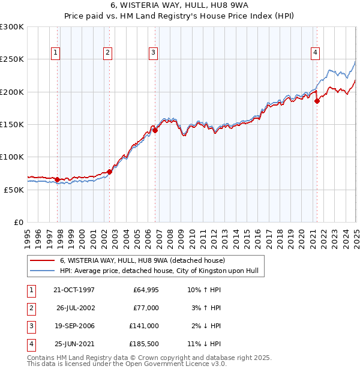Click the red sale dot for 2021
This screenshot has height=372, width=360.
coord(317,101)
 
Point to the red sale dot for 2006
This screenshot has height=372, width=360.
coord(155,130)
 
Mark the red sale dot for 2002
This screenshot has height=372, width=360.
coord(110,172)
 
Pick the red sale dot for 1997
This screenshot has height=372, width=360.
coord(58,179)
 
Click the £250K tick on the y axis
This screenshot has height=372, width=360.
coord(12,59)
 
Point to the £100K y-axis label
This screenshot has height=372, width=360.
coord(12,157)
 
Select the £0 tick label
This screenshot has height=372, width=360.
coord(18,221)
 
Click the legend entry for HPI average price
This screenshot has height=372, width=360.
coord(159,271)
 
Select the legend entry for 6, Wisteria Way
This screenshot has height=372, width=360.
coord(142,261)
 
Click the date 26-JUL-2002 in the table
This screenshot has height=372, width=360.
coord(75,308)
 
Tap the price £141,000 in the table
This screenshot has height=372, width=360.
coord(144,326)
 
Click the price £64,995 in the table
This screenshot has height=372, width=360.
coord(145,290)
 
